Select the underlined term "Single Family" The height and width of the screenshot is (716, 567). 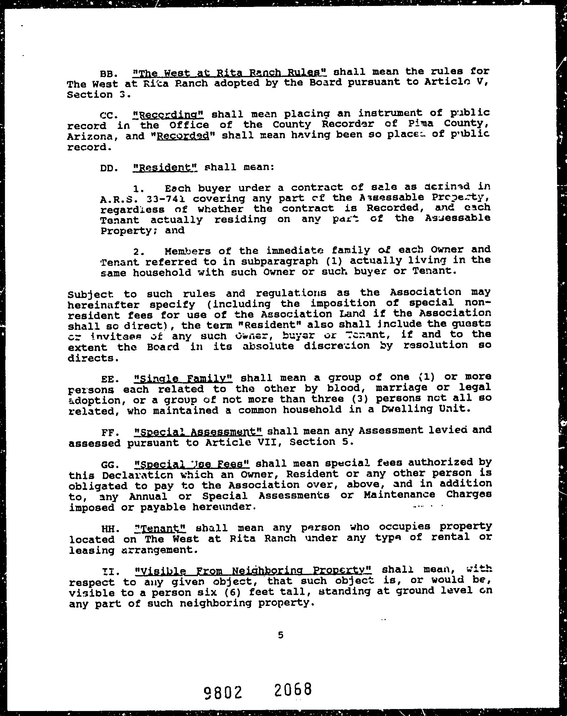184,378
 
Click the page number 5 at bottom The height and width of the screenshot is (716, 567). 281,635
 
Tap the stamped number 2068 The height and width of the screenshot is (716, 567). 293,689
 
